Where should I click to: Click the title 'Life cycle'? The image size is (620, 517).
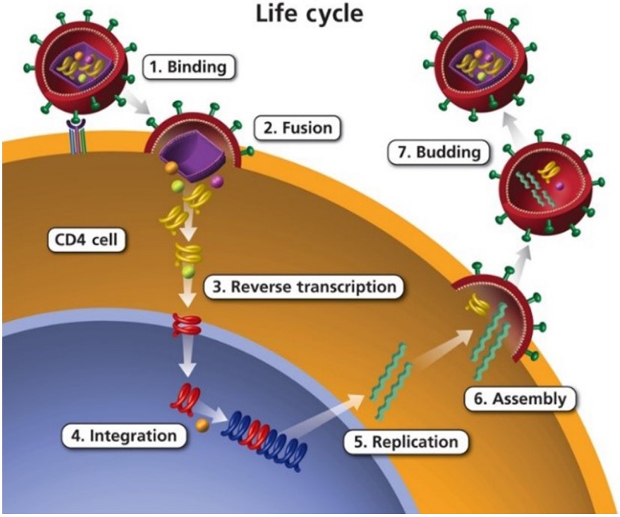(x=310, y=13)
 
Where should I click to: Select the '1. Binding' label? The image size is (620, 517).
(x=189, y=67)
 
